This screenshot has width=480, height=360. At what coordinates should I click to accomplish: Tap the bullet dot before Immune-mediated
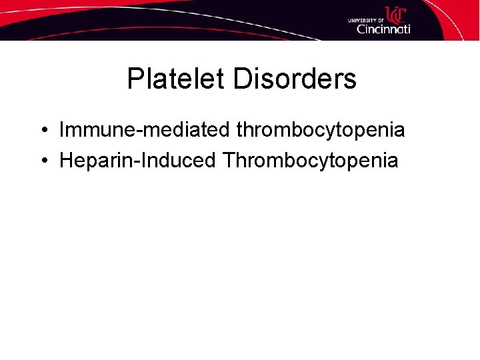point(42,130)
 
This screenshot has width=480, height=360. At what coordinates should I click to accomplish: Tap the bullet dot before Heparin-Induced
point(42,161)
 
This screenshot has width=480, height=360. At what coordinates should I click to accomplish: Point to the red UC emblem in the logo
point(395,14)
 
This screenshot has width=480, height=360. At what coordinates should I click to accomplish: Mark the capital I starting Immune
point(62,130)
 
